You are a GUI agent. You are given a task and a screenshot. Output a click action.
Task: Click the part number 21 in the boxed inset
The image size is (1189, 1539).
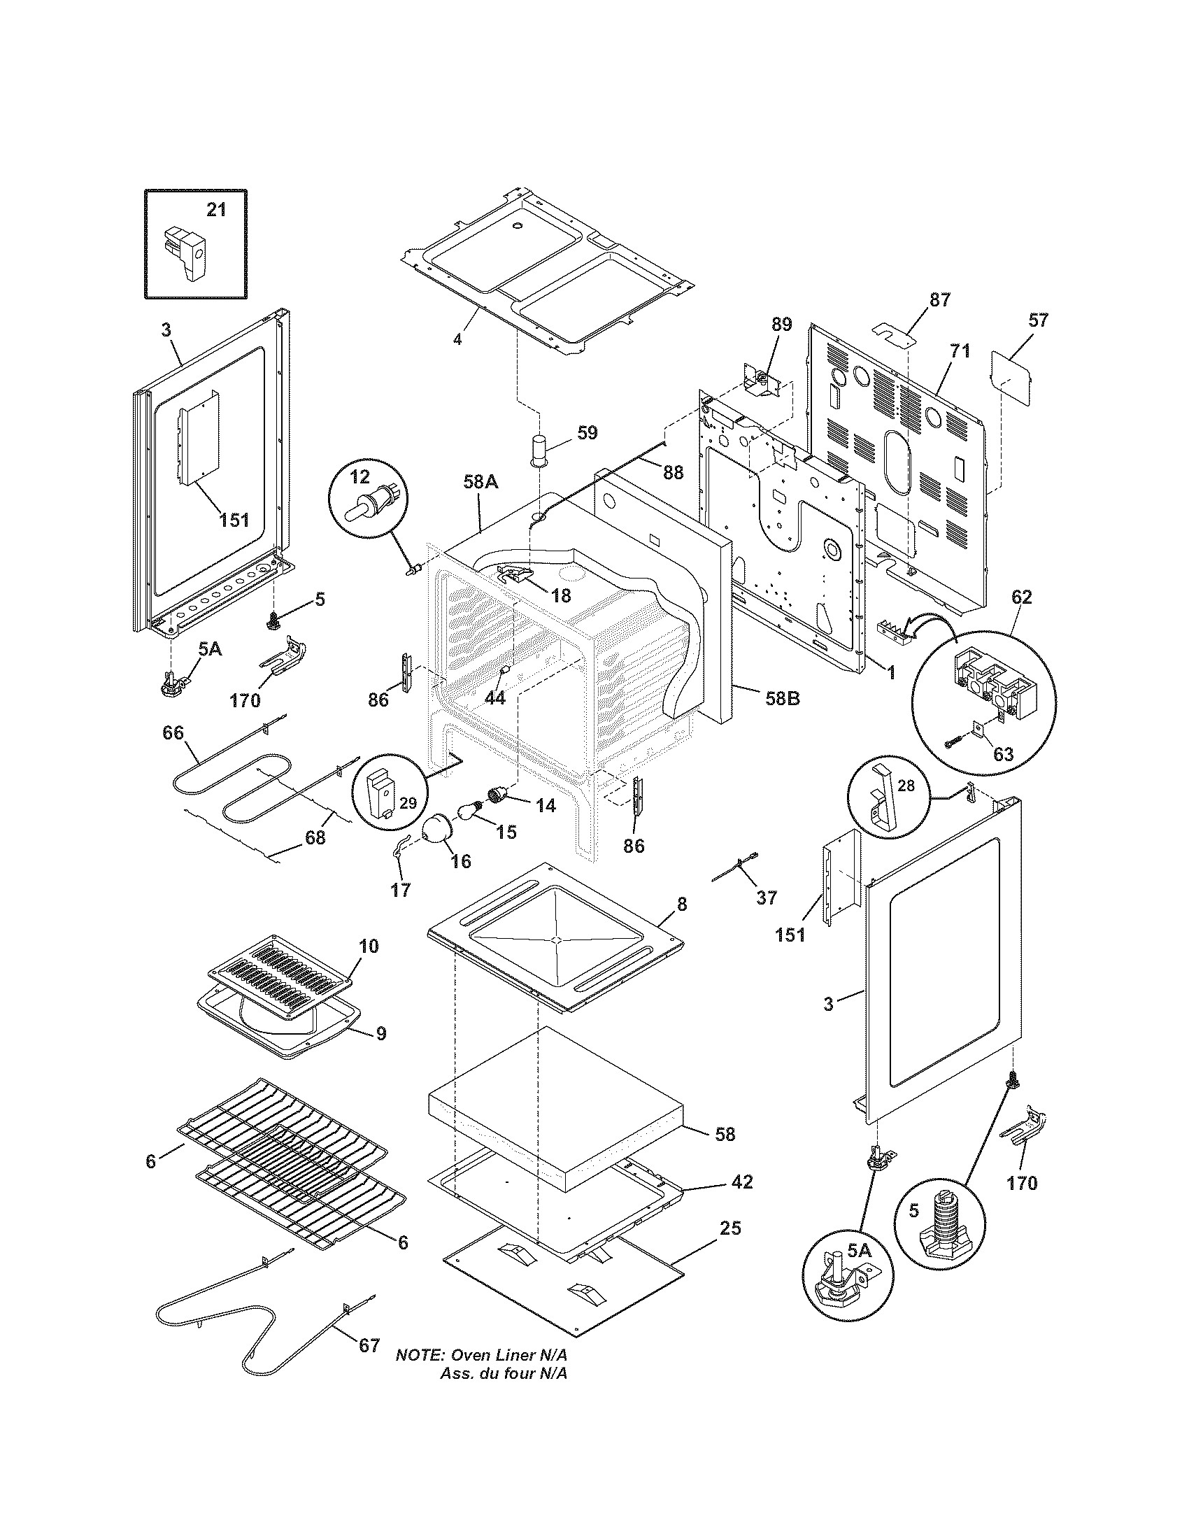(x=216, y=209)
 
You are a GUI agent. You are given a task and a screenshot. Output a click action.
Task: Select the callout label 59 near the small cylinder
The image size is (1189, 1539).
(x=587, y=432)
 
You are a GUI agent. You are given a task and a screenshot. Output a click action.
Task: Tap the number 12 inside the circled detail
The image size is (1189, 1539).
(x=359, y=477)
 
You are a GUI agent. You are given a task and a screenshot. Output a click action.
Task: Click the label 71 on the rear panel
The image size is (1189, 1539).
(x=961, y=350)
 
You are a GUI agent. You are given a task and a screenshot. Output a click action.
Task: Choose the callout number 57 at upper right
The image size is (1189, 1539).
(x=1038, y=320)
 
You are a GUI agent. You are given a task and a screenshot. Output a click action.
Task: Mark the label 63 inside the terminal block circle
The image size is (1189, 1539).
(x=1003, y=754)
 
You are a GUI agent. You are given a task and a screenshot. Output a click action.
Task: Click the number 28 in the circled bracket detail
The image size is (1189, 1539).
(x=906, y=785)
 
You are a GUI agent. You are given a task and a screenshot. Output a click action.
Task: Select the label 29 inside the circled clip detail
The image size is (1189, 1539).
(x=408, y=802)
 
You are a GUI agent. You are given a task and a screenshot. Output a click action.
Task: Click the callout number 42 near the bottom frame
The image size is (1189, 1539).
(x=742, y=1182)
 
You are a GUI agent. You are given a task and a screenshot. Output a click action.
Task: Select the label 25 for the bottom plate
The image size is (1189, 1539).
(x=730, y=1228)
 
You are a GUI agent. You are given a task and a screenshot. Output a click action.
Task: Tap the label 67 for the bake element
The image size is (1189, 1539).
(x=370, y=1345)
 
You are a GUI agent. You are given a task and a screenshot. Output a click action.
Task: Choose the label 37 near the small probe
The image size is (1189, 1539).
(x=767, y=897)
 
